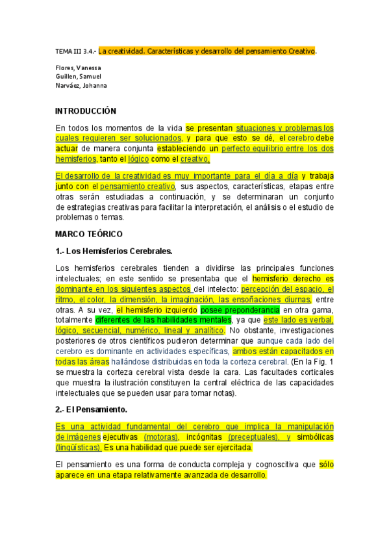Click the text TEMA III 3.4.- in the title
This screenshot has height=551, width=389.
75,51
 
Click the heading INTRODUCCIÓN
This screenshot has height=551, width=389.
86,111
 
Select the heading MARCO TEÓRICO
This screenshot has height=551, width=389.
89,233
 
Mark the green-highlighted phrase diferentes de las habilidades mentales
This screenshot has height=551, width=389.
163,320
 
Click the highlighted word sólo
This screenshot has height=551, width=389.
327,465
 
